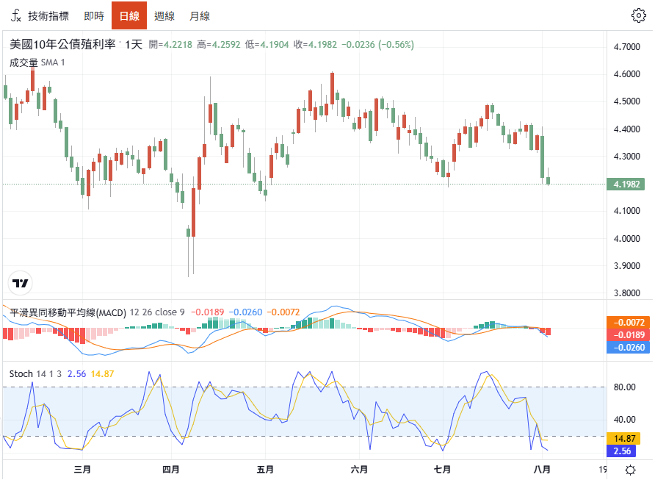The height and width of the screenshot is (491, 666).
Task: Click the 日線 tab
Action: pyautogui.click(x=129, y=15)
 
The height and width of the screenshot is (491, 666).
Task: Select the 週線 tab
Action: pyautogui.click(x=164, y=16)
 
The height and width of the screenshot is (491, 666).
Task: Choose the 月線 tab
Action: pyautogui.click(x=200, y=16)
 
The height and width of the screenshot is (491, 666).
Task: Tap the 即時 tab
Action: pyautogui.click(x=94, y=16)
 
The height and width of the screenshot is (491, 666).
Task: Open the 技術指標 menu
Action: pyautogui.click(x=40, y=16)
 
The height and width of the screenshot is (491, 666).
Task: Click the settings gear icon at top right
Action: pyautogui.click(x=638, y=15)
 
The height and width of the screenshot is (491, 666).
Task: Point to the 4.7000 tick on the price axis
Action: pyautogui.click(x=626, y=47)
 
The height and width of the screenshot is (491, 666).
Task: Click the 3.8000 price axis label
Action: pyautogui.click(x=626, y=293)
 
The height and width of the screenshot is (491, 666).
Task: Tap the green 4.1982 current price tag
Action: pyautogui.click(x=626, y=184)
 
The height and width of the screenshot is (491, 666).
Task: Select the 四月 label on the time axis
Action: pyautogui.click(x=171, y=470)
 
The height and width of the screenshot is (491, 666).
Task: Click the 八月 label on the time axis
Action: pyautogui.click(x=542, y=470)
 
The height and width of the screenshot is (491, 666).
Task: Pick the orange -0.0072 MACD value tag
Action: pyautogui.click(x=629, y=322)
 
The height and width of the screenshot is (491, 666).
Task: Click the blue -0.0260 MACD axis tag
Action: pyautogui.click(x=629, y=348)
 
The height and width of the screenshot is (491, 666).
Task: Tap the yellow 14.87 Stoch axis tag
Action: pyautogui.click(x=624, y=438)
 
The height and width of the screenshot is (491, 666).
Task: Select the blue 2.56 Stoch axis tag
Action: pyautogui.click(x=622, y=451)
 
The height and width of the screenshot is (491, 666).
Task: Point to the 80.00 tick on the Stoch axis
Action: pyautogui.click(x=624, y=387)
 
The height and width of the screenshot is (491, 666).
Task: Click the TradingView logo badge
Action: pyautogui.click(x=20, y=283)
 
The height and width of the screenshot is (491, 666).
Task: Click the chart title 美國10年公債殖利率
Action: pyautogui.click(x=62, y=44)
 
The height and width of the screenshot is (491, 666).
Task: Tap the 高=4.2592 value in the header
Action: pyautogui.click(x=218, y=45)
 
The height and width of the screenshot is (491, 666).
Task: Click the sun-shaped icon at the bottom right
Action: pyautogui.click(x=630, y=470)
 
